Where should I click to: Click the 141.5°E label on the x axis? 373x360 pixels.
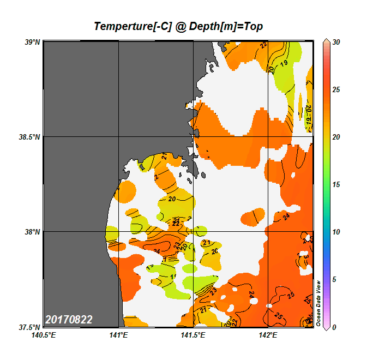pyautogui.click(x=194, y=335)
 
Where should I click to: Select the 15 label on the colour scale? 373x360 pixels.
pyautogui.click(x=336, y=185)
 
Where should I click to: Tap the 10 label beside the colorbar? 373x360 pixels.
pyautogui.click(x=336, y=232)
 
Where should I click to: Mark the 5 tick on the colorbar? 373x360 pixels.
pyautogui.click(x=334, y=280)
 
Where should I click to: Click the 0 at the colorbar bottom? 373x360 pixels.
pyautogui.click(x=334, y=327)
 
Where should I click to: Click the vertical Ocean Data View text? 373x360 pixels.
pyautogui.click(x=318, y=303)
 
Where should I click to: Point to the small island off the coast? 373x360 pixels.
pyautogui.click(x=201, y=175)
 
